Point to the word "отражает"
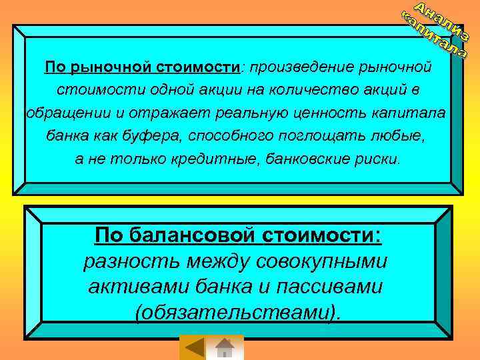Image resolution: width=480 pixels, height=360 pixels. (139, 111)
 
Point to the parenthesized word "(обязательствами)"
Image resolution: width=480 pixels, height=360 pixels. (240, 313)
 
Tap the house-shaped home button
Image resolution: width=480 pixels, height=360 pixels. (225, 348)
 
